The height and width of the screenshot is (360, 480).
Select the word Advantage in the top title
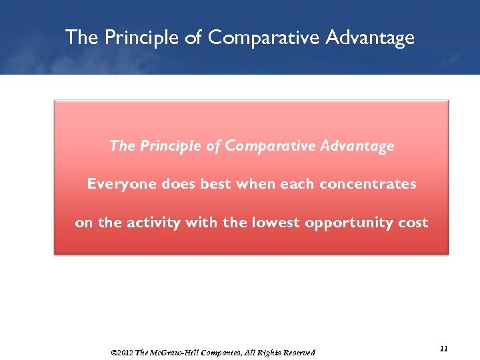pyautogui.click(x=369, y=37)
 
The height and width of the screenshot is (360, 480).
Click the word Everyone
pyautogui.click(x=122, y=184)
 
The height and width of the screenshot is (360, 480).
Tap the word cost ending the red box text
pyautogui.click(x=413, y=223)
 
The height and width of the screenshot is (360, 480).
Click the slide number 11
pyautogui.click(x=445, y=349)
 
